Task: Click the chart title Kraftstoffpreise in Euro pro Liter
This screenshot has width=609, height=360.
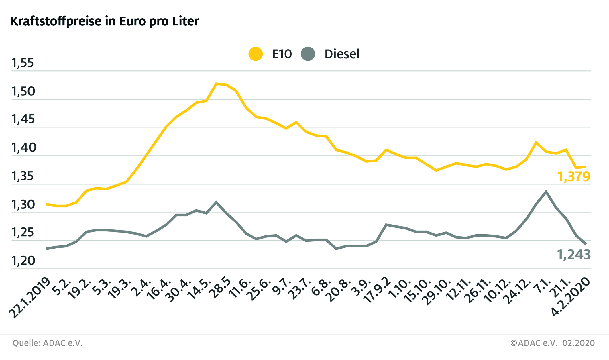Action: coord(105,21)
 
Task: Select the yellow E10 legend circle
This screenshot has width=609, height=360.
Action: coord(256,54)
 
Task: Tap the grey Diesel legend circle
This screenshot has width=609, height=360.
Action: coord(308,54)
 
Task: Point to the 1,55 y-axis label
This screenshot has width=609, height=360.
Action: coord(22,63)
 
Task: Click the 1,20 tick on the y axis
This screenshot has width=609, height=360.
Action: coord(23,261)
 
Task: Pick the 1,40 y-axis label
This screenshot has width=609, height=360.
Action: coord(23,148)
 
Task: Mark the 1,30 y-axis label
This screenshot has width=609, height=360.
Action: coord(23,205)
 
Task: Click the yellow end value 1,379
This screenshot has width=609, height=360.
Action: coord(573,177)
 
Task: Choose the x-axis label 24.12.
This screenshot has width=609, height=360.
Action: coord(518,291)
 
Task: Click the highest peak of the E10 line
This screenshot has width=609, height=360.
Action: coord(217,84)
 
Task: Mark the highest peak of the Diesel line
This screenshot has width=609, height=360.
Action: coord(546,191)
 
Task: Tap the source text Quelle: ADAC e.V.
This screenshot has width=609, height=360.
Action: coord(48,343)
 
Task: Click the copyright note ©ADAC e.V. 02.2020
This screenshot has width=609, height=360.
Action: coord(552,343)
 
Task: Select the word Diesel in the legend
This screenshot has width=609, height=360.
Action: coord(342,54)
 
